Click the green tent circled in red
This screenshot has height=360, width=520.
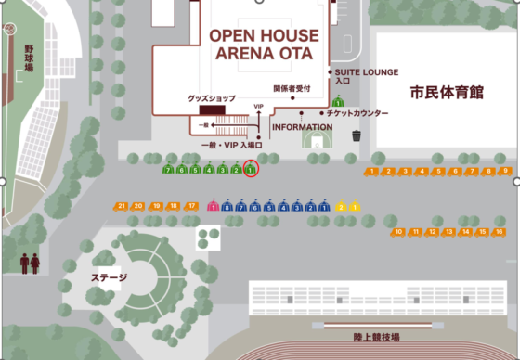click(x=251, y=170)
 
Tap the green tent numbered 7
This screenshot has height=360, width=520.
click(x=168, y=170)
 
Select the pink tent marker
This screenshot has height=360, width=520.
click(x=213, y=206)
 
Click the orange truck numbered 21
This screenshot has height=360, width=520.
click(x=122, y=205)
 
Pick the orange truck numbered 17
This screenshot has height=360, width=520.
click(x=192, y=205)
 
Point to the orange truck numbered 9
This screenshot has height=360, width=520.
click(x=505, y=171)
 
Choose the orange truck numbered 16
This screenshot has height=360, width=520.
click(x=499, y=231)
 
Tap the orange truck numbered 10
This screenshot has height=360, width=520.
click(x=398, y=231)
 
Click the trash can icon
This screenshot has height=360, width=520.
click(x=357, y=135)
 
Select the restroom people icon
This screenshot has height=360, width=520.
click(x=30, y=263)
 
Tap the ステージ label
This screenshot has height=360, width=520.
click(x=109, y=276)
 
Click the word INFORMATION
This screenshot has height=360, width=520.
click(x=303, y=127)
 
